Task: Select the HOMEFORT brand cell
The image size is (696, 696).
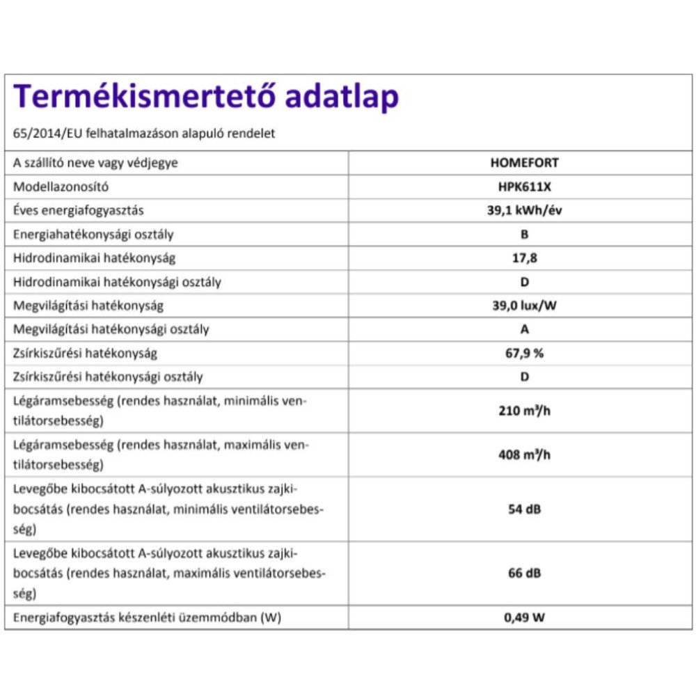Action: pos(524,164)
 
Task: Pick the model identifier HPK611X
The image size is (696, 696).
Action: pos(524,187)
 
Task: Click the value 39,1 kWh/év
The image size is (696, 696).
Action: pos(524,211)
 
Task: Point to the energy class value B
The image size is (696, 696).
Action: pos(524,235)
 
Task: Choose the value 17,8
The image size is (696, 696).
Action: pos(524,258)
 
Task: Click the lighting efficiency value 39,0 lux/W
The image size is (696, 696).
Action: pos(524,306)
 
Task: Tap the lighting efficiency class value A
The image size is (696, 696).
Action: pos(524,329)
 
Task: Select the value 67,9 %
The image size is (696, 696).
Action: pos(524,353)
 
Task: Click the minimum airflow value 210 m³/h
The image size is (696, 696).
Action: pos(524,411)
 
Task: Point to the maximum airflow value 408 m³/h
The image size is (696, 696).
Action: pos(524,454)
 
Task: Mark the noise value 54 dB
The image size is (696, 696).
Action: pos(524,509)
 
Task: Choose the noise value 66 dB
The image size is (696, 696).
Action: pos(524,573)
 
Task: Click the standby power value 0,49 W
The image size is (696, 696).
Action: pos(524,617)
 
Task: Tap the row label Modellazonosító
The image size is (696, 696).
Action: pos(61,187)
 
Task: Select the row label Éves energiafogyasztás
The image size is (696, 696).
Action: pos(79,211)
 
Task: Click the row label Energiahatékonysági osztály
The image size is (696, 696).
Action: pos(94,235)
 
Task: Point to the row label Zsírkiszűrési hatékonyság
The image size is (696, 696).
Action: pos(86,353)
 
